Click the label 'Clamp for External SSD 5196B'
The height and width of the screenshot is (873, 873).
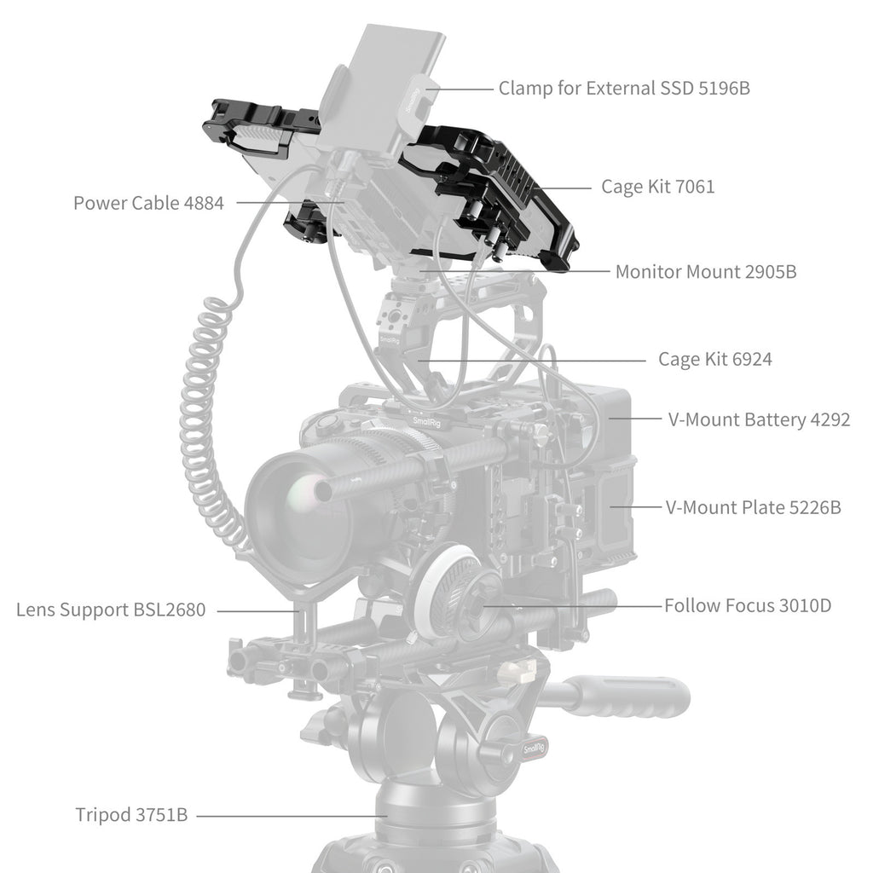click(x=624, y=88)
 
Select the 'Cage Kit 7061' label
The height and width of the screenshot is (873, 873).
click(x=658, y=187)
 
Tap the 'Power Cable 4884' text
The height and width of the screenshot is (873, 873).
click(x=148, y=203)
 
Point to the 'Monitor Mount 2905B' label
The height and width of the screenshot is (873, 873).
click(x=706, y=272)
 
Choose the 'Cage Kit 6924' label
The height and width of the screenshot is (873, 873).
click(x=715, y=359)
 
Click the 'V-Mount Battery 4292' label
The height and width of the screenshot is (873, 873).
click(x=759, y=419)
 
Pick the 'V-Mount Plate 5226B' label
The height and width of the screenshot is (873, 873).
click(x=754, y=507)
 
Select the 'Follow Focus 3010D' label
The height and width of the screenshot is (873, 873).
click(x=748, y=605)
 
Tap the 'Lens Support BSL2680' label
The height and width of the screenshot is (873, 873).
click(x=111, y=610)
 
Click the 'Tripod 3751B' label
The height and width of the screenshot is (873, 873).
click(x=131, y=815)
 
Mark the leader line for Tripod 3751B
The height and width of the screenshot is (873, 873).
click(x=292, y=816)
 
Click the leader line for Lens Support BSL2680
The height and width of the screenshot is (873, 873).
click(x=259, y=610)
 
